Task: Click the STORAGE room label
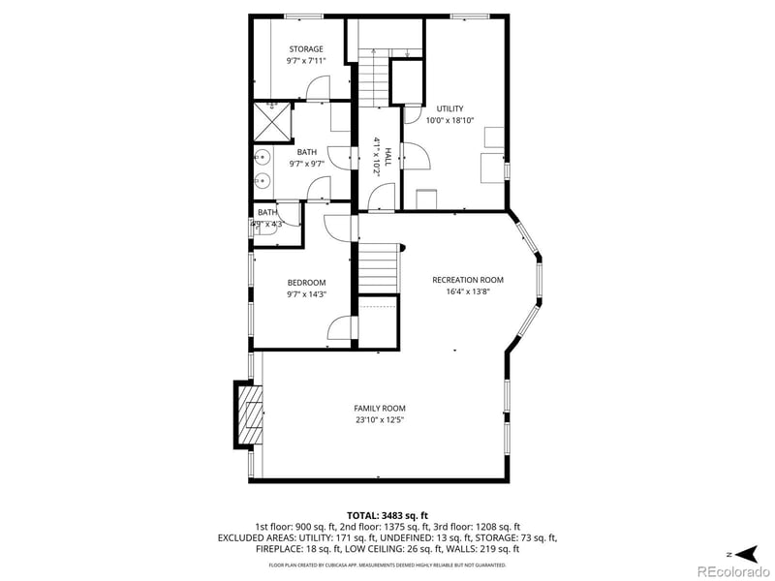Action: pyautogui.click(x=305, y=49)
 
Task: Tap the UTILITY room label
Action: pyautogui.click(x=449, y=108)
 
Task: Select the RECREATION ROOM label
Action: pyautogui.click(x=468, y=280)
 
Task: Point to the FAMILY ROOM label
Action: pyautogui.click(x=380, y=408)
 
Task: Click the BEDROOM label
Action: pyautogui.click(x=306, y=282)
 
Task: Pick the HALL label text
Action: pyautogui.click(x=387, y=155)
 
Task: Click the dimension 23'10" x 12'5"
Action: pyautogui.click(x=380, y=420)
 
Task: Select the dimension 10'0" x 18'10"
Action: pyautogui.click(x=449, y=121)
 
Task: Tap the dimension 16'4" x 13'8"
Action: pyautogui.click(x=468, y=292)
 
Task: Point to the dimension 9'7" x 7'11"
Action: pyautogui.click(x=305, y=61)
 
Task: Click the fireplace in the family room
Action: pyautogui.click(x=248, y=414)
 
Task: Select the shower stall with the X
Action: pyautogui.click(x=272, y=123)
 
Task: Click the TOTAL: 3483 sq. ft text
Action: pyautogui.click(x=387, y=515)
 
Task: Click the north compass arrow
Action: pyautogui.click(x=745, y=553)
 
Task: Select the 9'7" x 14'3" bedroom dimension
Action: pyautogui.click(x=306, y=294)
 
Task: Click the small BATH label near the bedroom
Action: pyautogui.click(x=267, y=212)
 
